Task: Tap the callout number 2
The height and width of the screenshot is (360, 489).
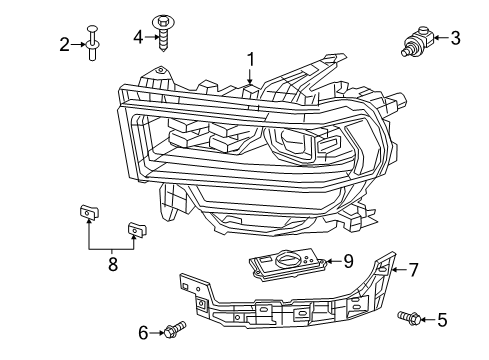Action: click(64, 43)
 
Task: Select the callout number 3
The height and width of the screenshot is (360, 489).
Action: click(455, 39)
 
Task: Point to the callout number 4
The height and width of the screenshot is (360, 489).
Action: click(138, 37)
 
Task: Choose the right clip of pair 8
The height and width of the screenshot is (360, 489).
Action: click(135, 231)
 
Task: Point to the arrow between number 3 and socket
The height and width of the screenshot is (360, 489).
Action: click(438, 41)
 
